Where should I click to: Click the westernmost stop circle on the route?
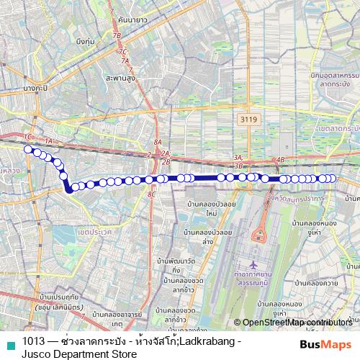(x=28, y=150)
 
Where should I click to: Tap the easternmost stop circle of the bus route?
(x=333, y=179)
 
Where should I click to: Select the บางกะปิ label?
(x=35, y=88)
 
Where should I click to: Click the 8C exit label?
(x=151, y=194)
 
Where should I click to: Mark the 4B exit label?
(x=281, y=159)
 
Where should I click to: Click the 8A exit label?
(x=158, y=143)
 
